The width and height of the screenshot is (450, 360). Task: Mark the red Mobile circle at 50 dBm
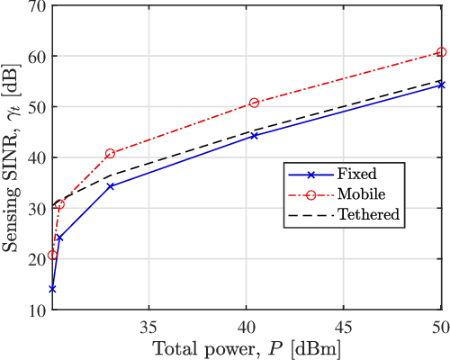[x=441, y=52]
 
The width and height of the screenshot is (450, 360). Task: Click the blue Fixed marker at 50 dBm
[x=441, y=85]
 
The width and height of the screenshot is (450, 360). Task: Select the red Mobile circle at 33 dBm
[x=110, y=154]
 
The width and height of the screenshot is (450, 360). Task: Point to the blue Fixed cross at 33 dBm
[x=110, y=186]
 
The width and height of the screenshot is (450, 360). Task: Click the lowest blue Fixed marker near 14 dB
[x=52, y=289]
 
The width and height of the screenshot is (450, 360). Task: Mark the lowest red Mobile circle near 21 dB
[x=52, y=255]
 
